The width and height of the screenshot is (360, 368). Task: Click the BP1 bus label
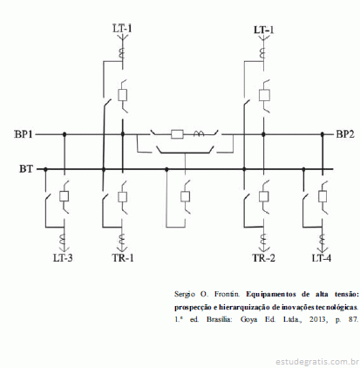coord(24,134)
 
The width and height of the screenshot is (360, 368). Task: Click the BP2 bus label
coord(345,134)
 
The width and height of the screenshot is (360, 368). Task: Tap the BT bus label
coord(26,169)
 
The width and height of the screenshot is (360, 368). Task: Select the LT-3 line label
coord(63,258)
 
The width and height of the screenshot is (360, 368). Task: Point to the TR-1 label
coord(123,258)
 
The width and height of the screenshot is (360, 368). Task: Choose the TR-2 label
coord(263,258)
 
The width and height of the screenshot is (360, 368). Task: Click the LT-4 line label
coord(321,258)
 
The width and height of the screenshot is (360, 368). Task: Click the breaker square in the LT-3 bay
coord(64,196)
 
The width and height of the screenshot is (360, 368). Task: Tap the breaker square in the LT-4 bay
coord(323,196)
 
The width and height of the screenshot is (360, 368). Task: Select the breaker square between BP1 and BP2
coord(177,134)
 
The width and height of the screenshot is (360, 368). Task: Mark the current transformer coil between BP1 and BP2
coord(199,133)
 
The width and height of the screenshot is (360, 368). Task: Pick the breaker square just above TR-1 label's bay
coord(122,196)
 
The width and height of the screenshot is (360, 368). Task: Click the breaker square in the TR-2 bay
coord(264,196)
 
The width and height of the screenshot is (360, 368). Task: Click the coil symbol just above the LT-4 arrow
coord(323,241)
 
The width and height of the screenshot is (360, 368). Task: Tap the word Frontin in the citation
coord(228,294)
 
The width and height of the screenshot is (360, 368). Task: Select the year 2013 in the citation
coord(317,319)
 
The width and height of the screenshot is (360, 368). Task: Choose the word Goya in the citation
coord(248,320)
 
